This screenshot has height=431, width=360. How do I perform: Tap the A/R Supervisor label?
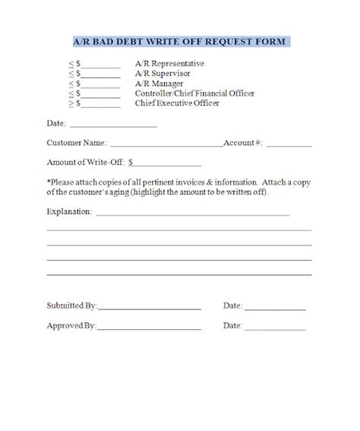(x=161, y=74)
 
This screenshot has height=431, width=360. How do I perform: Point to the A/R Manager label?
(x=157, y=84)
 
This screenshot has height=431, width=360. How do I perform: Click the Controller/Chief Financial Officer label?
(x=194, y=93)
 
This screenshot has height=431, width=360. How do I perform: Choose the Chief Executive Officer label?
(x=177, y=103)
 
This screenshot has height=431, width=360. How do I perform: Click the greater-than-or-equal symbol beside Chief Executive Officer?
(x=71, y=103)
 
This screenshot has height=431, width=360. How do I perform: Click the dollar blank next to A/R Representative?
(x=101, y=65)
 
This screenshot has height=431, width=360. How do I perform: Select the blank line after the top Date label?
(x=113, y=124)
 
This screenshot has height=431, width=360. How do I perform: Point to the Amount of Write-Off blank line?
(x=169, y=163)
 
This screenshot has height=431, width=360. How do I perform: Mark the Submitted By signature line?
(x=149, y=307)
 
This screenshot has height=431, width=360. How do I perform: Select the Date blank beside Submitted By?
(x=275, y=307)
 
